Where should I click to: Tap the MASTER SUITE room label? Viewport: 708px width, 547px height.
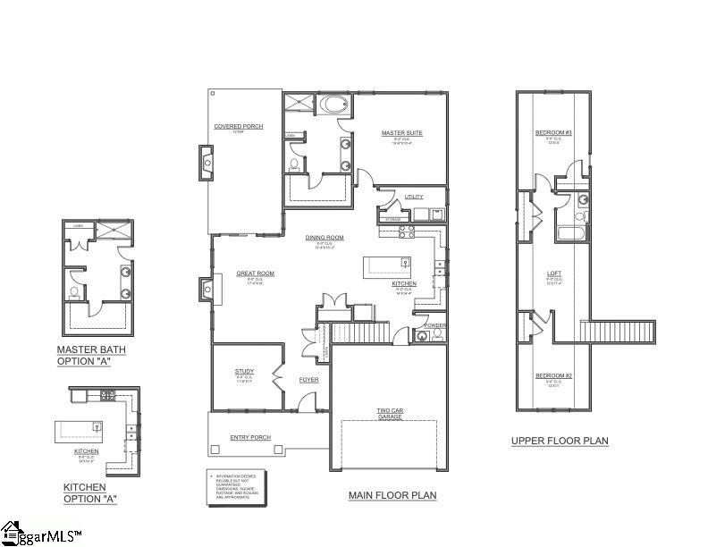pyautogui.click(x=401, y=133)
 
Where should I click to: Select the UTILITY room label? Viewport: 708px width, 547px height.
pyautogui.click(x=413, y=197)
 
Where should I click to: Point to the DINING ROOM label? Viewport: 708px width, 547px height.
pyautogui.click(x=324, y=238)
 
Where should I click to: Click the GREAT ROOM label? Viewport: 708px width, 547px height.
pyautogui.click(x=255, y=273)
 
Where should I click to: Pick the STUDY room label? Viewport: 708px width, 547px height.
pyautogui.click(x=245, y=371)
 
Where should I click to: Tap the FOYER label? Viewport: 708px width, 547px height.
pyautogui.click(x=308, y=380)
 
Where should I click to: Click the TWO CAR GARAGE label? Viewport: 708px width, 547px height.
pyautogui.click(x=389, y=414)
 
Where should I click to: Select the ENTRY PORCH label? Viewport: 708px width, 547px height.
pyautogui.click(x=250, y=437)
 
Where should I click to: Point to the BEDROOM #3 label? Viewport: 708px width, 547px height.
pyautogui.click(x=552, y=133)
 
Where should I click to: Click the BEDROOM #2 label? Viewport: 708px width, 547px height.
pyautogui.click(x=552, y=376)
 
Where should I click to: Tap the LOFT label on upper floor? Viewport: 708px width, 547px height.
pyautogui.click(x=553, y=274)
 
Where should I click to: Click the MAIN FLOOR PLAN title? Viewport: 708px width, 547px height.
pyautogui.click(x=392, y=494)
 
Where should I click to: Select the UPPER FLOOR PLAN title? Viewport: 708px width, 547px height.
pyautogui.click(x=560, y=441)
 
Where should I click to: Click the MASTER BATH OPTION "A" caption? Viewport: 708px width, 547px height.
pyautogui.click(x=91, y=354)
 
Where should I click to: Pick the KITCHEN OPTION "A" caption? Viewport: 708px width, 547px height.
pyautogui.click(x=89, y=492)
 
